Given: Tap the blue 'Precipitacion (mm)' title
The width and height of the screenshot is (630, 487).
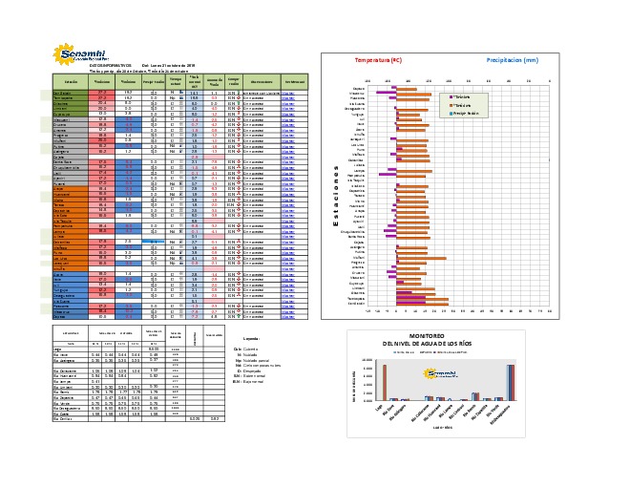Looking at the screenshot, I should point(518,59).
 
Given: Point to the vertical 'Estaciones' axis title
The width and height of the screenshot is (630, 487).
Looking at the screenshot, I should point(336,195).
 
